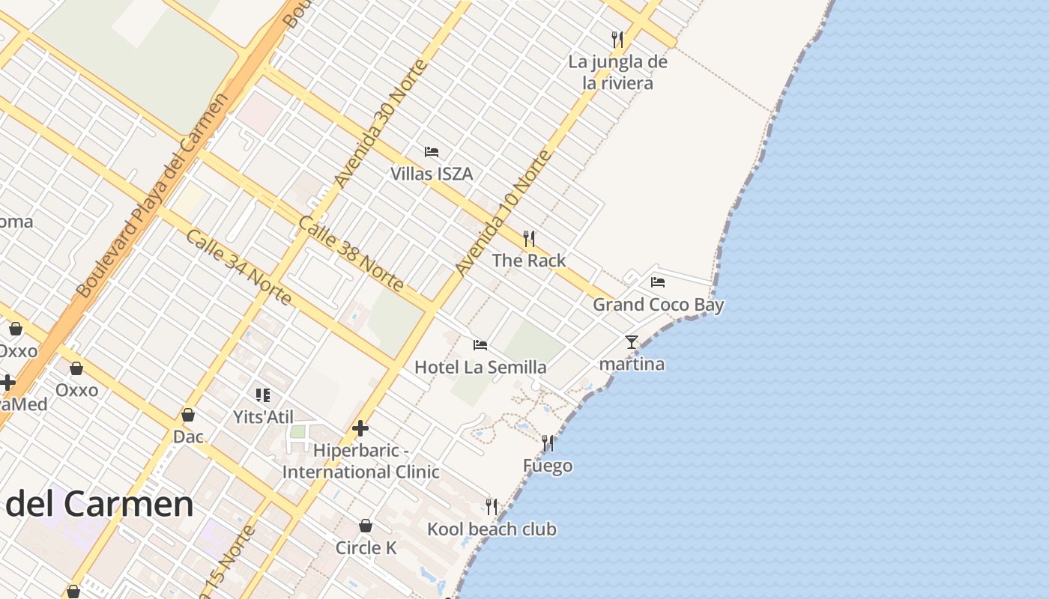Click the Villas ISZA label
coord(432,174)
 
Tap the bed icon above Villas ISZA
coord(432,152)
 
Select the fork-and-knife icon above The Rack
coord(529,239)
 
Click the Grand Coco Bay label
coord(659,305)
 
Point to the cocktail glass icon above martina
coord(632,342)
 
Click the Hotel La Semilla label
coord(480,367)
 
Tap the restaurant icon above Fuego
coord(548,444)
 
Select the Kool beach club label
coord(492,529)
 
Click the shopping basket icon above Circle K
coord(366,526)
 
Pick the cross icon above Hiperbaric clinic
coord(360,428)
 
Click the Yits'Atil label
coord(263,417)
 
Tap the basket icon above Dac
coord(188,415)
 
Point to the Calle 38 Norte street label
coord(351,253)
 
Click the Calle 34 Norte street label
coord(238,267)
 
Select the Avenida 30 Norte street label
coord(381,124)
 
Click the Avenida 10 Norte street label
coord(503,213)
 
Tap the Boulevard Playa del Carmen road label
coord(151,195)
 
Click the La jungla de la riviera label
coord(617,72)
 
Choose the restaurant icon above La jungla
coord(617,39)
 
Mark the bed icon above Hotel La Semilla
coord(480,345)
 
